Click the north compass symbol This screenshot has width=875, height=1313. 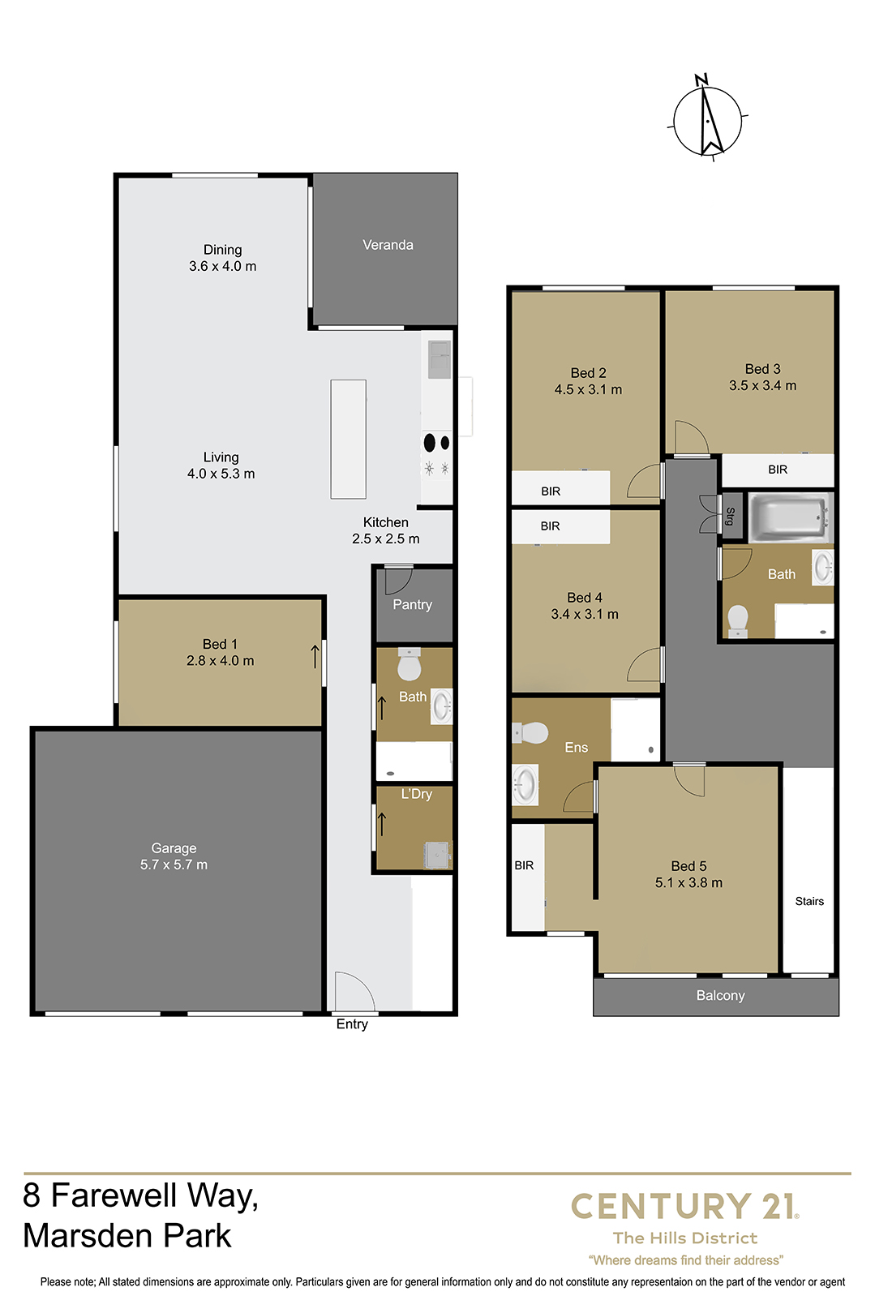click(707, 119)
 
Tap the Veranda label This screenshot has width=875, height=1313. click(388, 245)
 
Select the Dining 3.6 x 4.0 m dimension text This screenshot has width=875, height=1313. click(223, 266)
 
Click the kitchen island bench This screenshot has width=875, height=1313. click(348, 439)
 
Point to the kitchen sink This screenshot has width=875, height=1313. click(439, 359)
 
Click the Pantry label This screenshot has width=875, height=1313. click(412, 604)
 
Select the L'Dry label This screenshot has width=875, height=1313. click(416, 794)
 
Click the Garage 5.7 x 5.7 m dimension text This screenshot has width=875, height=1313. click(174, 864)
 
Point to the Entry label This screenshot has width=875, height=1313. click(352, 1023)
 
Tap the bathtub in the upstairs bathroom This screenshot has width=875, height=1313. click(789, 517)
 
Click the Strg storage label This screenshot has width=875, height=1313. click(730, 517)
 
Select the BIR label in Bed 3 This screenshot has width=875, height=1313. click(778, 469)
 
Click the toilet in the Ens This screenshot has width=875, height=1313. click(530, 732)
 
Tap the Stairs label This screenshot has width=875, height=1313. click(809, 901)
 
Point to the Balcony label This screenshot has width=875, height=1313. click(720, 995)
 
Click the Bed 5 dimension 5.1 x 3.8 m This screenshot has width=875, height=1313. click(688, 882)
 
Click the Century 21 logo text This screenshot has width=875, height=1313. click(684, 1206)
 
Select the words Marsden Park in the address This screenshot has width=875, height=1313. click(127, 1236)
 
